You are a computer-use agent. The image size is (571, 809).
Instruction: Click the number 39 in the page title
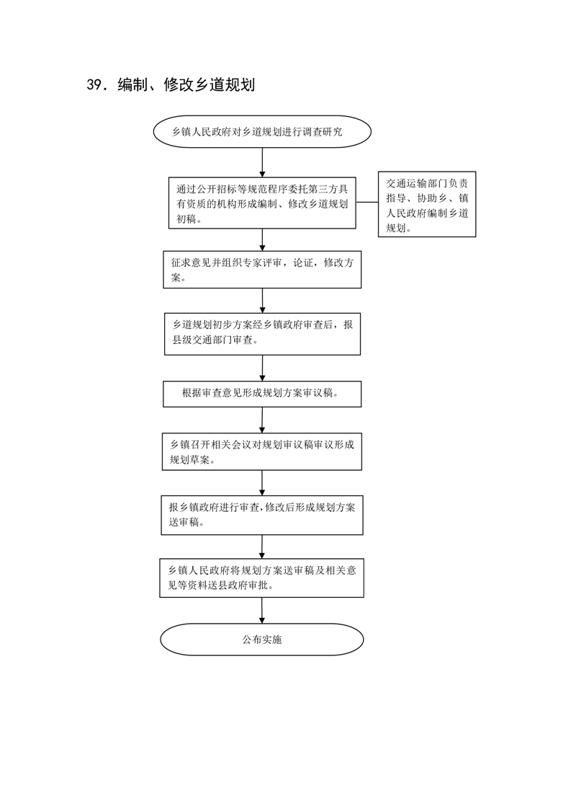(94, 84)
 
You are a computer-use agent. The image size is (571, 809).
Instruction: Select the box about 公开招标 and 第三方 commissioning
(262, 203)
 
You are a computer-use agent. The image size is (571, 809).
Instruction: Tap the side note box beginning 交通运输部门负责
(427, 204)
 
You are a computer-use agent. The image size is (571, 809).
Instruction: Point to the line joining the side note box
(367, 202)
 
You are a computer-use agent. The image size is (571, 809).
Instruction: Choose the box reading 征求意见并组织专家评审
(262, 270)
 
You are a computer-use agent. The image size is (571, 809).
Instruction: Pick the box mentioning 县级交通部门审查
(262, 334)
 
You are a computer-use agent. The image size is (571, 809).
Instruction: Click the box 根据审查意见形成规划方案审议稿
(262, 394)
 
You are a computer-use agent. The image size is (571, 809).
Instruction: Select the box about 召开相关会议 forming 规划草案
(262, 451)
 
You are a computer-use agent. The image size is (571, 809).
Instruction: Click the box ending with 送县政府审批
(262, 578)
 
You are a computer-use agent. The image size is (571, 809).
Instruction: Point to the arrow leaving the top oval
(262, 163)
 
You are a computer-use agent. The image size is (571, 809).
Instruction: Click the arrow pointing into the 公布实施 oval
(262, 611)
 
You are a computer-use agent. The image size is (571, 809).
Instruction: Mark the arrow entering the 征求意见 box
(262, 240)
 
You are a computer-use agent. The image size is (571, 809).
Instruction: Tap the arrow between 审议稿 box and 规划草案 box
(262, 420)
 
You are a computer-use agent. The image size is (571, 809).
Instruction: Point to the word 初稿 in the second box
(186, 219)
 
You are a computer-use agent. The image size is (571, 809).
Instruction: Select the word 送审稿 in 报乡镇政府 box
(184, 522)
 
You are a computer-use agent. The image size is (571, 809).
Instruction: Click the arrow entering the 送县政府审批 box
(262, 547)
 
